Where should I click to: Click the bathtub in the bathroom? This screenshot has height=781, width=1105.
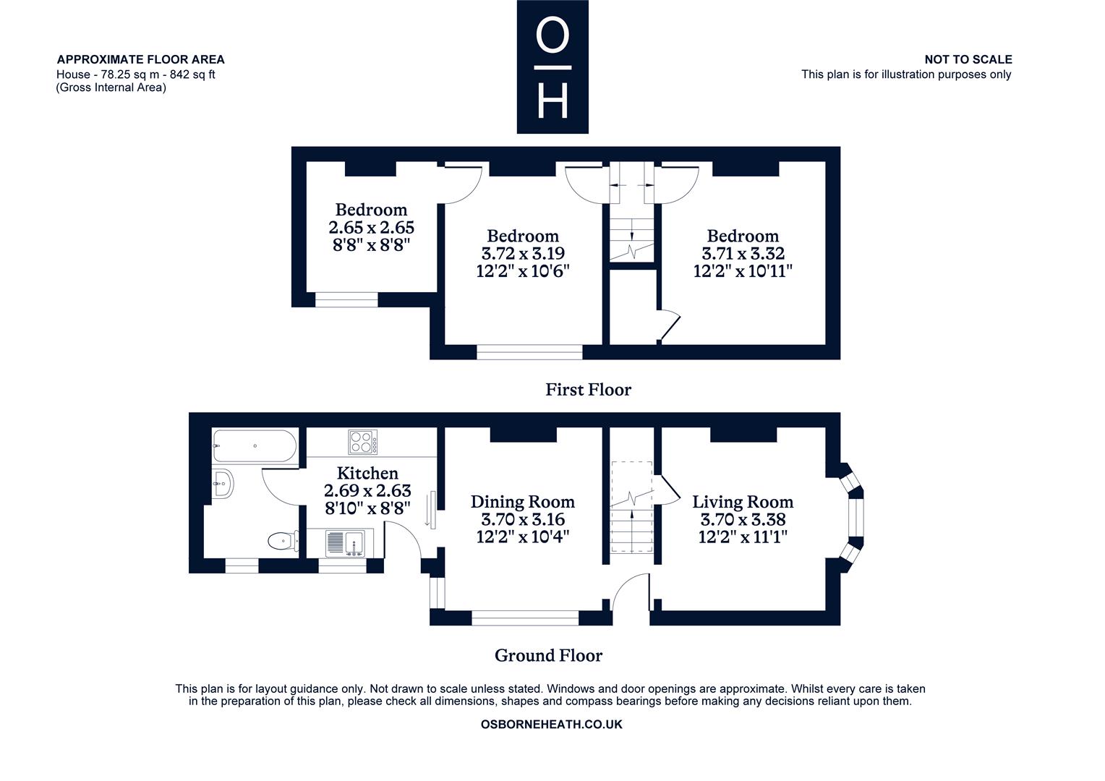pos(255,446)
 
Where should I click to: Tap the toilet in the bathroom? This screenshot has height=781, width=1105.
pos(283,541)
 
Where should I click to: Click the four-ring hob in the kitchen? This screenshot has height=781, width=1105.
pos(362,442)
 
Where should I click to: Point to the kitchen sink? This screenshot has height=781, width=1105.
pos(345,544)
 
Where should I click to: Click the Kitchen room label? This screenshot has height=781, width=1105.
pos(367,473)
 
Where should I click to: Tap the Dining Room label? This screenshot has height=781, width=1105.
pos(523,502)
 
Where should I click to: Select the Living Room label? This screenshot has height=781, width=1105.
pos(743,502)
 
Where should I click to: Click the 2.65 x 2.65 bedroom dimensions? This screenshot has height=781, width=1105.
pos(372,228)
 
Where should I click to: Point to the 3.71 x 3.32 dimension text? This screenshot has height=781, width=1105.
pos(743,254)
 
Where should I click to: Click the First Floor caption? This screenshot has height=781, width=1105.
pos(588,390)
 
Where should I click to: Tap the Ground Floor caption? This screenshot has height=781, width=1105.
pos(549,655)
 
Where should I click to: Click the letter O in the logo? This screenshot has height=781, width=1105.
pos(552,35)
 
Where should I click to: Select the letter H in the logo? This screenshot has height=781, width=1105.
pos(552,100)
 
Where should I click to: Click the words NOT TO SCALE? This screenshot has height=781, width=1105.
pos(968,60)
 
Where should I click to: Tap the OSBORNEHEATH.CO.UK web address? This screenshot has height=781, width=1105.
pos(552,725)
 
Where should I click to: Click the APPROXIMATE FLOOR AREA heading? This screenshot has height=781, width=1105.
pos(140,60)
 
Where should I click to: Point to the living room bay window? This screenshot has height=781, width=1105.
pos(853,518)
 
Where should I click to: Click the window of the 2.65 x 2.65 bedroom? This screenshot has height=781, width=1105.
pos(346,299)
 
